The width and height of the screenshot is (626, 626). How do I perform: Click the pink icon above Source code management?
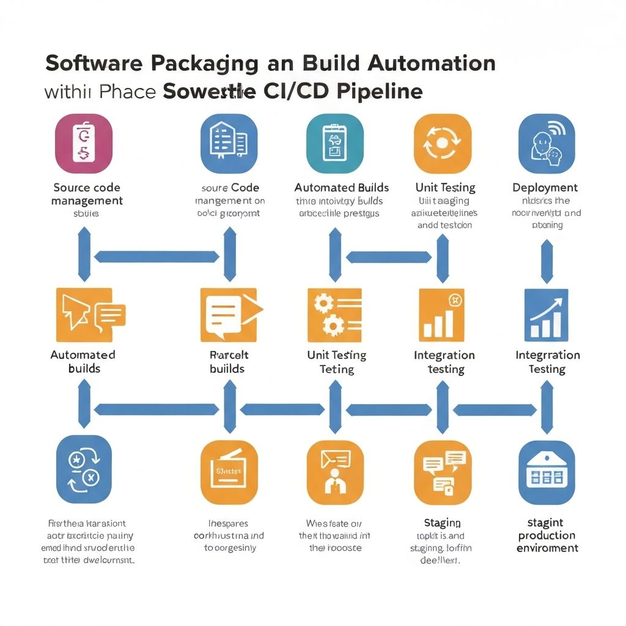click(84, 143)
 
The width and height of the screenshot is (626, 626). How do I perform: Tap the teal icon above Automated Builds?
click(334, 143)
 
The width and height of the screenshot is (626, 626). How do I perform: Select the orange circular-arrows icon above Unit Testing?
click(443, 143)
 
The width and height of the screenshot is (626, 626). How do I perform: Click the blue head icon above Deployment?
click(547, 143)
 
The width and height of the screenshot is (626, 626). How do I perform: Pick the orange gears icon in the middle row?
click(334, 315)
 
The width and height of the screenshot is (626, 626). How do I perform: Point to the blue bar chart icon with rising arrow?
click(547, 315)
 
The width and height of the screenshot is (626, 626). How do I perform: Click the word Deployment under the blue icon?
click(545, 188)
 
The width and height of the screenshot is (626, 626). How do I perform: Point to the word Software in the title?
click(93, 64)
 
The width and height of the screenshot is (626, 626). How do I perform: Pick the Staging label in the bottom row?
click(442, 523)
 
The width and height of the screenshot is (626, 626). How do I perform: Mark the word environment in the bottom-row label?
click(547, 548)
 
